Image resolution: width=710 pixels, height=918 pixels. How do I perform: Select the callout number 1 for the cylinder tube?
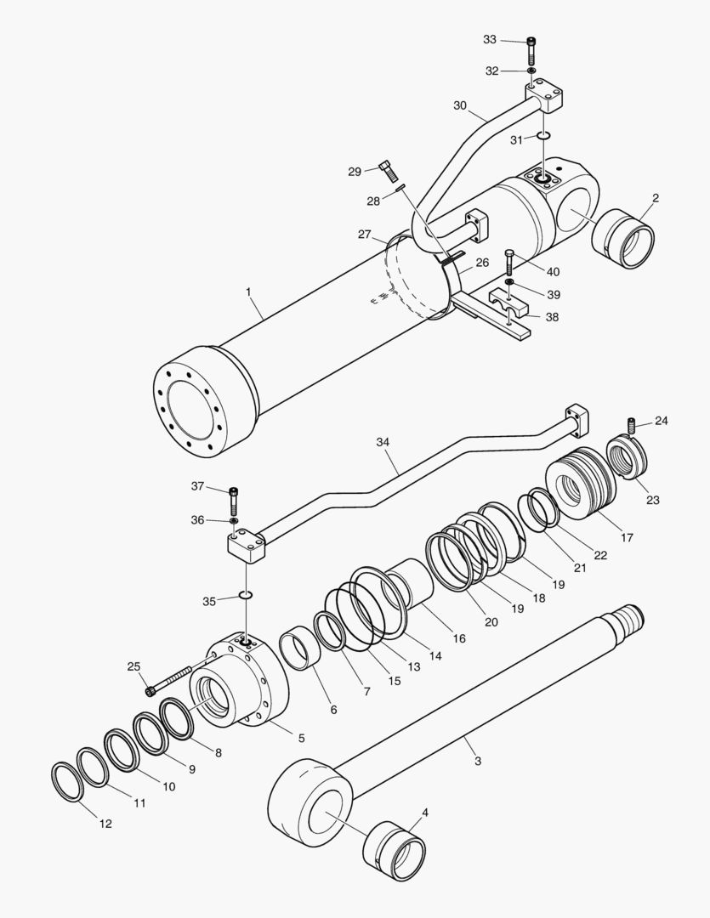point(248,292)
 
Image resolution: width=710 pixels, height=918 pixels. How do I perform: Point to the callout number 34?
point(383,442)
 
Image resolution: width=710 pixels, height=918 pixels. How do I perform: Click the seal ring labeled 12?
point(67,781)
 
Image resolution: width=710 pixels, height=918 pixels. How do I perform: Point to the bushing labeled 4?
point(393,850)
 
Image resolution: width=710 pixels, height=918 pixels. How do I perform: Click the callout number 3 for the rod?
point(478,761)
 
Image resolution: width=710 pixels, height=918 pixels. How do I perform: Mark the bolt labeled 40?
point(509,258)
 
